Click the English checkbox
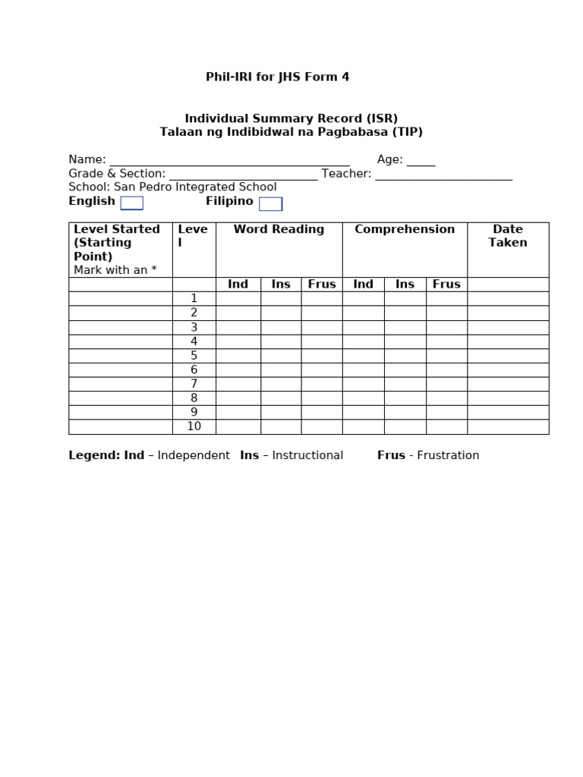(131, 203)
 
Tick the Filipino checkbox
(270, 203)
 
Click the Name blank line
(229, 161)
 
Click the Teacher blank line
(443, 175)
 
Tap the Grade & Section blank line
(243, 175)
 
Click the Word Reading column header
(279, 229)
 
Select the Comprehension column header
(405, 229)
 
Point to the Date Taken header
(508, 236)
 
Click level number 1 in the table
(194, 298)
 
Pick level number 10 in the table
(194, 426)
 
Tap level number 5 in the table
(194, 355)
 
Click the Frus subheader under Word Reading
(322, 284)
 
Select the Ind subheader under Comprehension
(363, 284)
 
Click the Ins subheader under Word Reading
(281, 284)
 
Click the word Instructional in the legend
(307, 455)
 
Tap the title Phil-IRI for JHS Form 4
(278, 77)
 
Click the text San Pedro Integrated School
(196, 187)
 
